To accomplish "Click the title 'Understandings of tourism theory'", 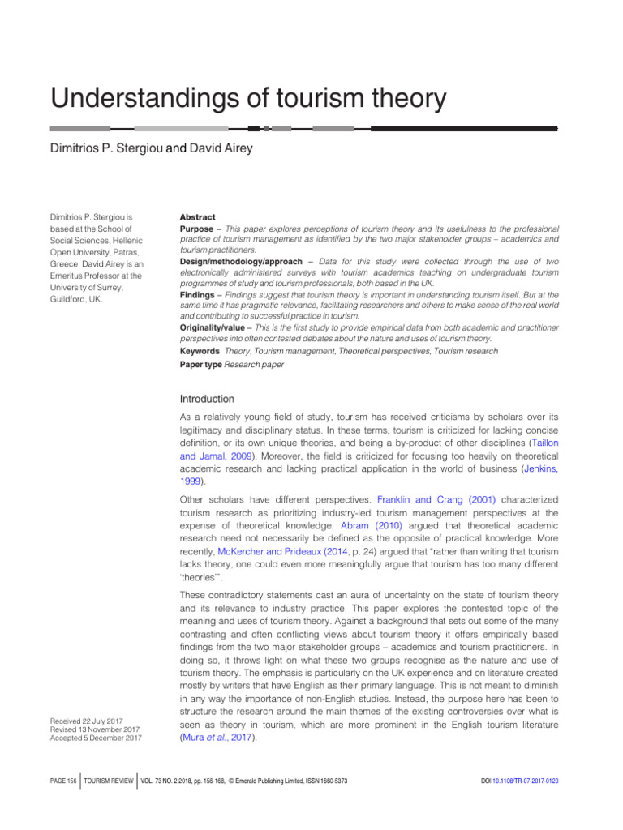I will [248, 99].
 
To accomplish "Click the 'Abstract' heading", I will [197, 217].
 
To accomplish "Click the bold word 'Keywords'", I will [200, 350].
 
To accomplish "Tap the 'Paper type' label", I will [200, 365].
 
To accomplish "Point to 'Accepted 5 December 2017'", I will [95, 738].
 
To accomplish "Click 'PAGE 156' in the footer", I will [61, 780].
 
